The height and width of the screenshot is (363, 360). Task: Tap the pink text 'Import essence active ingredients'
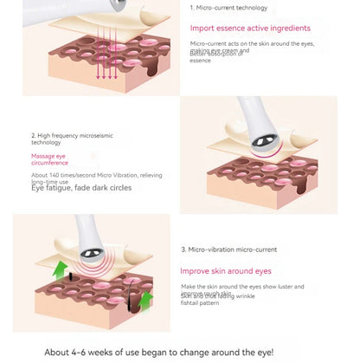[x=249, y=28]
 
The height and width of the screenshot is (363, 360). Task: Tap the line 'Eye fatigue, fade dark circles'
[x=82, y=188]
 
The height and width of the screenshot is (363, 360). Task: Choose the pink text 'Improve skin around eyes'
[x=226, y=270]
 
